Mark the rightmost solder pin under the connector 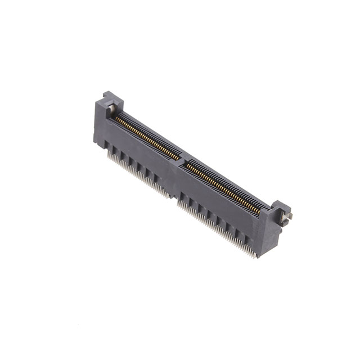[x=255, y=256]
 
